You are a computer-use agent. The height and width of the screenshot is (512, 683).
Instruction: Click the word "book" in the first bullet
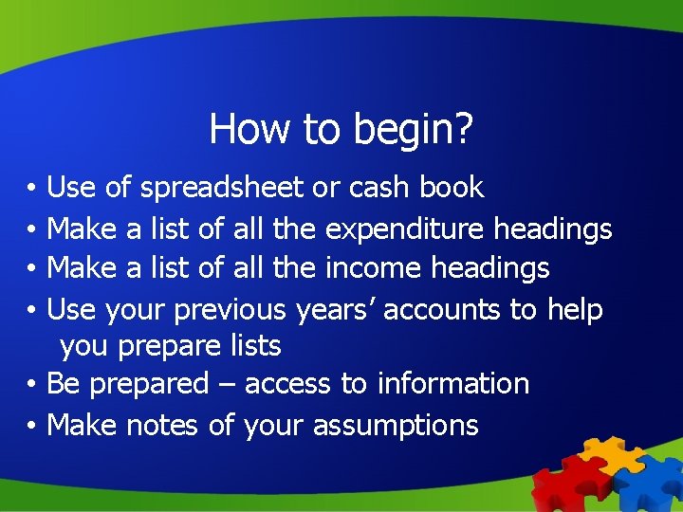click(x=452, y=188)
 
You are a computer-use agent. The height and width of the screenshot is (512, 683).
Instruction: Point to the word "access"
click(x=287, y=384)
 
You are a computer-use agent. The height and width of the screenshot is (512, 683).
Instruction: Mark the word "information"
click(x=452, y=384)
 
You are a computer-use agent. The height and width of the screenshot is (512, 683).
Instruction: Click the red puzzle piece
click(x=564, y=484)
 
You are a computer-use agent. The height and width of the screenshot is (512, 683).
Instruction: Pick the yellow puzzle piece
click(x=608, y=453)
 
